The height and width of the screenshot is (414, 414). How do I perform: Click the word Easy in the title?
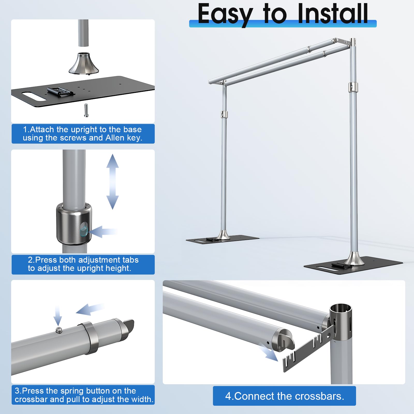point(225,15)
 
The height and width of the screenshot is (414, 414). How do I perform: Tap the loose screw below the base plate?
point(86,110)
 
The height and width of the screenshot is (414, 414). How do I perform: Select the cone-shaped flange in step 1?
point(84,63)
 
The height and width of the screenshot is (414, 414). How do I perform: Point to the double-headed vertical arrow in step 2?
point(113,182)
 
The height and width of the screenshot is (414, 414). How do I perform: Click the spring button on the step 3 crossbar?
point(59,330)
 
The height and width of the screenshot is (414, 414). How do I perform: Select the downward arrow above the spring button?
point(57,315)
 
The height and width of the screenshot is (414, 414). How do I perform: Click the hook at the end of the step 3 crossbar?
point(129,327)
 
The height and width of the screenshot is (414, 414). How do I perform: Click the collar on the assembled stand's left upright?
point(224,114)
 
